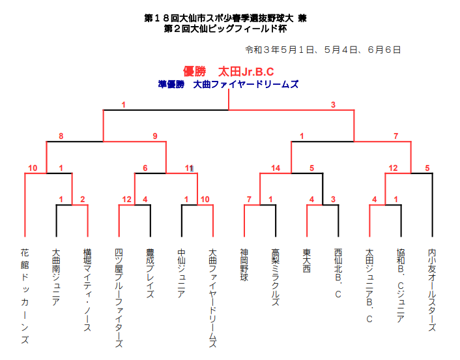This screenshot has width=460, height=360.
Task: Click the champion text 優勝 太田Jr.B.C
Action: click(x=228, y=71)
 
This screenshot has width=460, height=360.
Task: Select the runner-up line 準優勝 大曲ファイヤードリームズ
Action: click(x=228, y=85)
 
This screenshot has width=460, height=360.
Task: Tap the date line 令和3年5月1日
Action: click(x=323, y=50)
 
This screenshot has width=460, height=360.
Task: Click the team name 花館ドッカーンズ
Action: click(x=25, y=296)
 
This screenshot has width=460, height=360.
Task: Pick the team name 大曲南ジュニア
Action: click(x=56, y=277)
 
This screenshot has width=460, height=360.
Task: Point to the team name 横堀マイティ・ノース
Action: click(x=87, y=290)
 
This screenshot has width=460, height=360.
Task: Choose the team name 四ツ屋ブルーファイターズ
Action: click(x=119, y=298)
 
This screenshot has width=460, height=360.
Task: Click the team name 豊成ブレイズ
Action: click(x=151, y=274)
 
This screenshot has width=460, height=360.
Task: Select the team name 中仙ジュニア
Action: click(x=182, y=274)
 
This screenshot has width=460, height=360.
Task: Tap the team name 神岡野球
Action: click(x=244, y=265)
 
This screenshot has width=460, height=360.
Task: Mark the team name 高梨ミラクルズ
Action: click(x=276, y=277)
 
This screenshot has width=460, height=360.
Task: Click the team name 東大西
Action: click(x=307, y=261)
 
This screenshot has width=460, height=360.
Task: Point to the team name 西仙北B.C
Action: click(x=338, y=273)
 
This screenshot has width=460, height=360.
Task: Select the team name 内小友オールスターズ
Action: click(x=432, y=290)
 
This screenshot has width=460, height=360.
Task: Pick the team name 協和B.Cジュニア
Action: click(x=401, y=286)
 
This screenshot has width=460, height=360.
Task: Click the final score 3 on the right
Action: click(x=333, y=105)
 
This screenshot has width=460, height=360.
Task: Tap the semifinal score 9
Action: click(x=155, y=136)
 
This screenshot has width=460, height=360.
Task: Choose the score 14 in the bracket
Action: click(x=276, y=168)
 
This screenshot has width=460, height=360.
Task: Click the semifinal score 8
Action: click(x=61, y=136)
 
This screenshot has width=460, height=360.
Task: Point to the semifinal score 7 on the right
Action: click(x=395, y=136)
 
